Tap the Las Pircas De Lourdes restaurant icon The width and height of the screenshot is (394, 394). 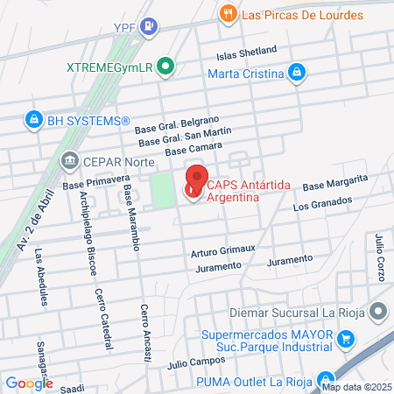point(229,13)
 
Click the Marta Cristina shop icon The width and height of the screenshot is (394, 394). point(297,72)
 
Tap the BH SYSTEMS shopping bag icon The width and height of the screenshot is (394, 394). point(33,120)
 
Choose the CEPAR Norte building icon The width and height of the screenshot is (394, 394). point(69,160)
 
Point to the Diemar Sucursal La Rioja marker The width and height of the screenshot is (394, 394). point(378,311)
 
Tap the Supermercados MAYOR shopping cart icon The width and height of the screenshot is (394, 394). point(347,338)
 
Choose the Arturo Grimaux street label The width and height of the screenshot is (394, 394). point(222,251)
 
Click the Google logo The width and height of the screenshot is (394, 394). point(29,383)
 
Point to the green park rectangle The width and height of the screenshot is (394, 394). point(163,190)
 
